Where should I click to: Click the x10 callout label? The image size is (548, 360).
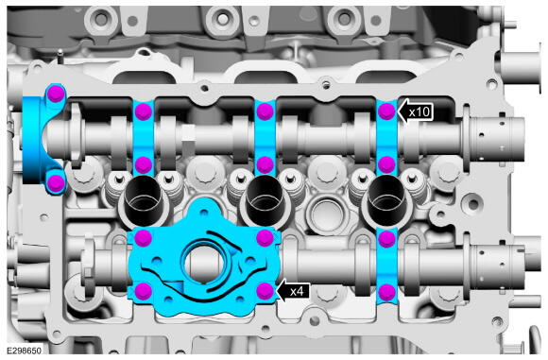pyautogui.click(x=420, y=112)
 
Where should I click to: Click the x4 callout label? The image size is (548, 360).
pyautogui.click(x=297, y=291)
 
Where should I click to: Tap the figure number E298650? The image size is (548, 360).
pyautogui.click(x=25, y=351)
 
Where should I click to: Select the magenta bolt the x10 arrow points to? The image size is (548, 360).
pyautogui.click(x=386, y=111)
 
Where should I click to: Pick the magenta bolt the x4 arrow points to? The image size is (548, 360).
pyautogui.click(x=265, y=291)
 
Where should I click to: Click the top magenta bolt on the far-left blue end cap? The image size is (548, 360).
pyautogui.click(x=56, y=94)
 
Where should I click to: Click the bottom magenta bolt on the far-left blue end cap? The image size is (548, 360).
pyautogui.click(x=56, y=182)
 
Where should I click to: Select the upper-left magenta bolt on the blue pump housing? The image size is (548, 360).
pyautogui.click(x=144, y=238)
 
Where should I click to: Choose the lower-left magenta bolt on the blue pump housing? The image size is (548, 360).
pyautogui.click(x=144, y=291)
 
